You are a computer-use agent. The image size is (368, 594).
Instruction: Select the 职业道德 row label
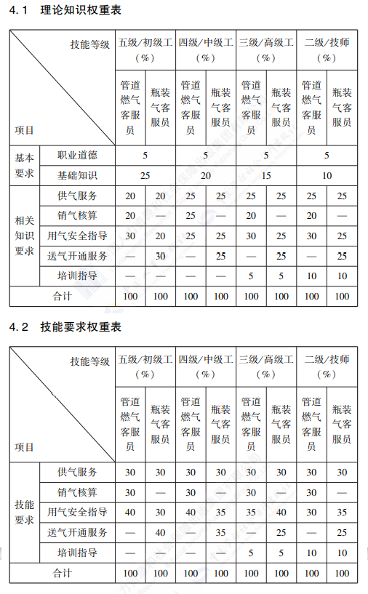click(77, 155)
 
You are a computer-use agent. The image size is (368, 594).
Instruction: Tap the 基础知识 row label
click(77, 175)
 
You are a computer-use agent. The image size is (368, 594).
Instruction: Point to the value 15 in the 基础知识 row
click(266, 175)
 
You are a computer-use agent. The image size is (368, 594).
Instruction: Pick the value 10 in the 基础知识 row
click(327, 175)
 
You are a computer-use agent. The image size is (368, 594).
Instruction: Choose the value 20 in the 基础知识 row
click(206, 175)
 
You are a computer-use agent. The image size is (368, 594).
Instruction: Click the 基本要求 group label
click(24, 165)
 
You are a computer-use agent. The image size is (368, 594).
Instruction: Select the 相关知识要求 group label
click(24, 236)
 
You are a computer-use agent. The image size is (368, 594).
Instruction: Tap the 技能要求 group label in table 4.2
click(24, 512)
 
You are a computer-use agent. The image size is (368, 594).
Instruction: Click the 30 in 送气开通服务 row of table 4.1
click(161, 256)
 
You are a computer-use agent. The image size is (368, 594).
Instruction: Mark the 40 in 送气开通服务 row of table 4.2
click(161, 532)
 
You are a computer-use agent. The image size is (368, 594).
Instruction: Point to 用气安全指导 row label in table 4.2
click(77, 512)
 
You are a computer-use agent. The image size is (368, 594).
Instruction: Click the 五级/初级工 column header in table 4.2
click(145, 366)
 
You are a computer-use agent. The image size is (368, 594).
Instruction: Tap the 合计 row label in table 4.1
click(63, 296)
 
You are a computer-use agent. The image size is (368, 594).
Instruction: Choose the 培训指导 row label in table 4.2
click(77, 553)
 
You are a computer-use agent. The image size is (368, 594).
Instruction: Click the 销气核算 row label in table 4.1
click(77, 215)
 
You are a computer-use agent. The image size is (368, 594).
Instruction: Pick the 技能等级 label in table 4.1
click(89, 44)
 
